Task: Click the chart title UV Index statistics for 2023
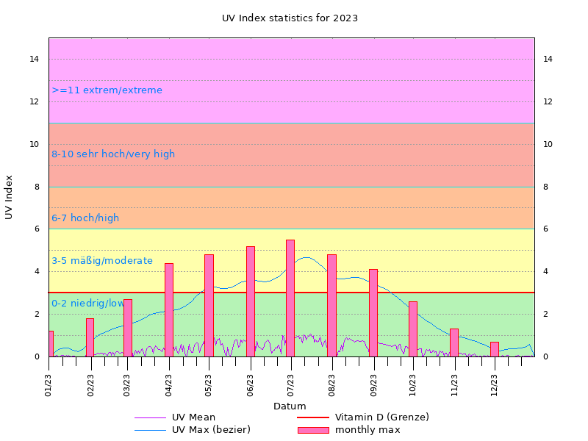pyautogui.click(x=290, y=18)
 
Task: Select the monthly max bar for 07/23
pyautogui.click(x=290, y=298)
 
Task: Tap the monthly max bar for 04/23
pyautogui.click(x=169, y=309)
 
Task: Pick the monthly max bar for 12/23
pyautogui.click(x=495, y=349)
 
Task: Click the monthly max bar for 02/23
pyautogui.click(x=90, y=337)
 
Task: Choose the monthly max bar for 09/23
pyautogui.click(x=373, y=312)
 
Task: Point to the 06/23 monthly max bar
pyautogui.click(x=251, y=301)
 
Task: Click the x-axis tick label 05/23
pyautogui.click(x=208, y=384)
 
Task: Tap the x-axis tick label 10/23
pyautogui.click(x=412, y=384)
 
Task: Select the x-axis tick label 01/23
pyautogui.click(x=49, y=384)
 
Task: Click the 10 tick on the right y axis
pyautogui.click(x=548, y=144)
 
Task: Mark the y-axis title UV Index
pyautogui.click(x=10, y=197)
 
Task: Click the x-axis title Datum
pyautogui.click(x=290, y=406)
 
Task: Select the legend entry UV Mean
pyautogui.click(x=193, y=417)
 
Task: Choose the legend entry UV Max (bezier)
pyautogui.click(x=211, y=429)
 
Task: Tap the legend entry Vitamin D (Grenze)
pyautogui.click(x=381, y=417)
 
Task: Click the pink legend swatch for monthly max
pyautogui.click(x=312, y=429)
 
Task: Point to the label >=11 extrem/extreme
pyautogui.click(x=107, y=90)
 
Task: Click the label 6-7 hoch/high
pyautogui.click(x=85, y=218)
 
